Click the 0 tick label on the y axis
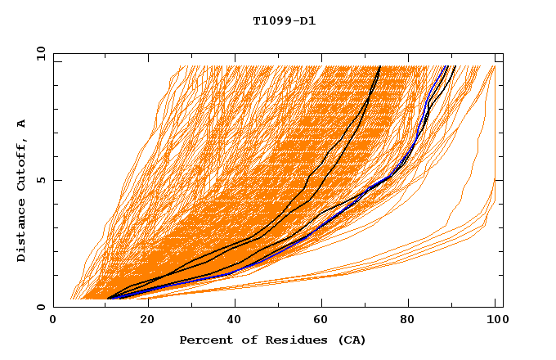coord(42,307)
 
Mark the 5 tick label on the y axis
coord(42,180)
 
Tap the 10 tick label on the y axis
coord(39,53)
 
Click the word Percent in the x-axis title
coord(205,340)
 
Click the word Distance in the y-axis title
coord(22,232)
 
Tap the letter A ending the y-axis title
coord(22,124)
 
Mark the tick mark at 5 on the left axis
coord(56,180)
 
